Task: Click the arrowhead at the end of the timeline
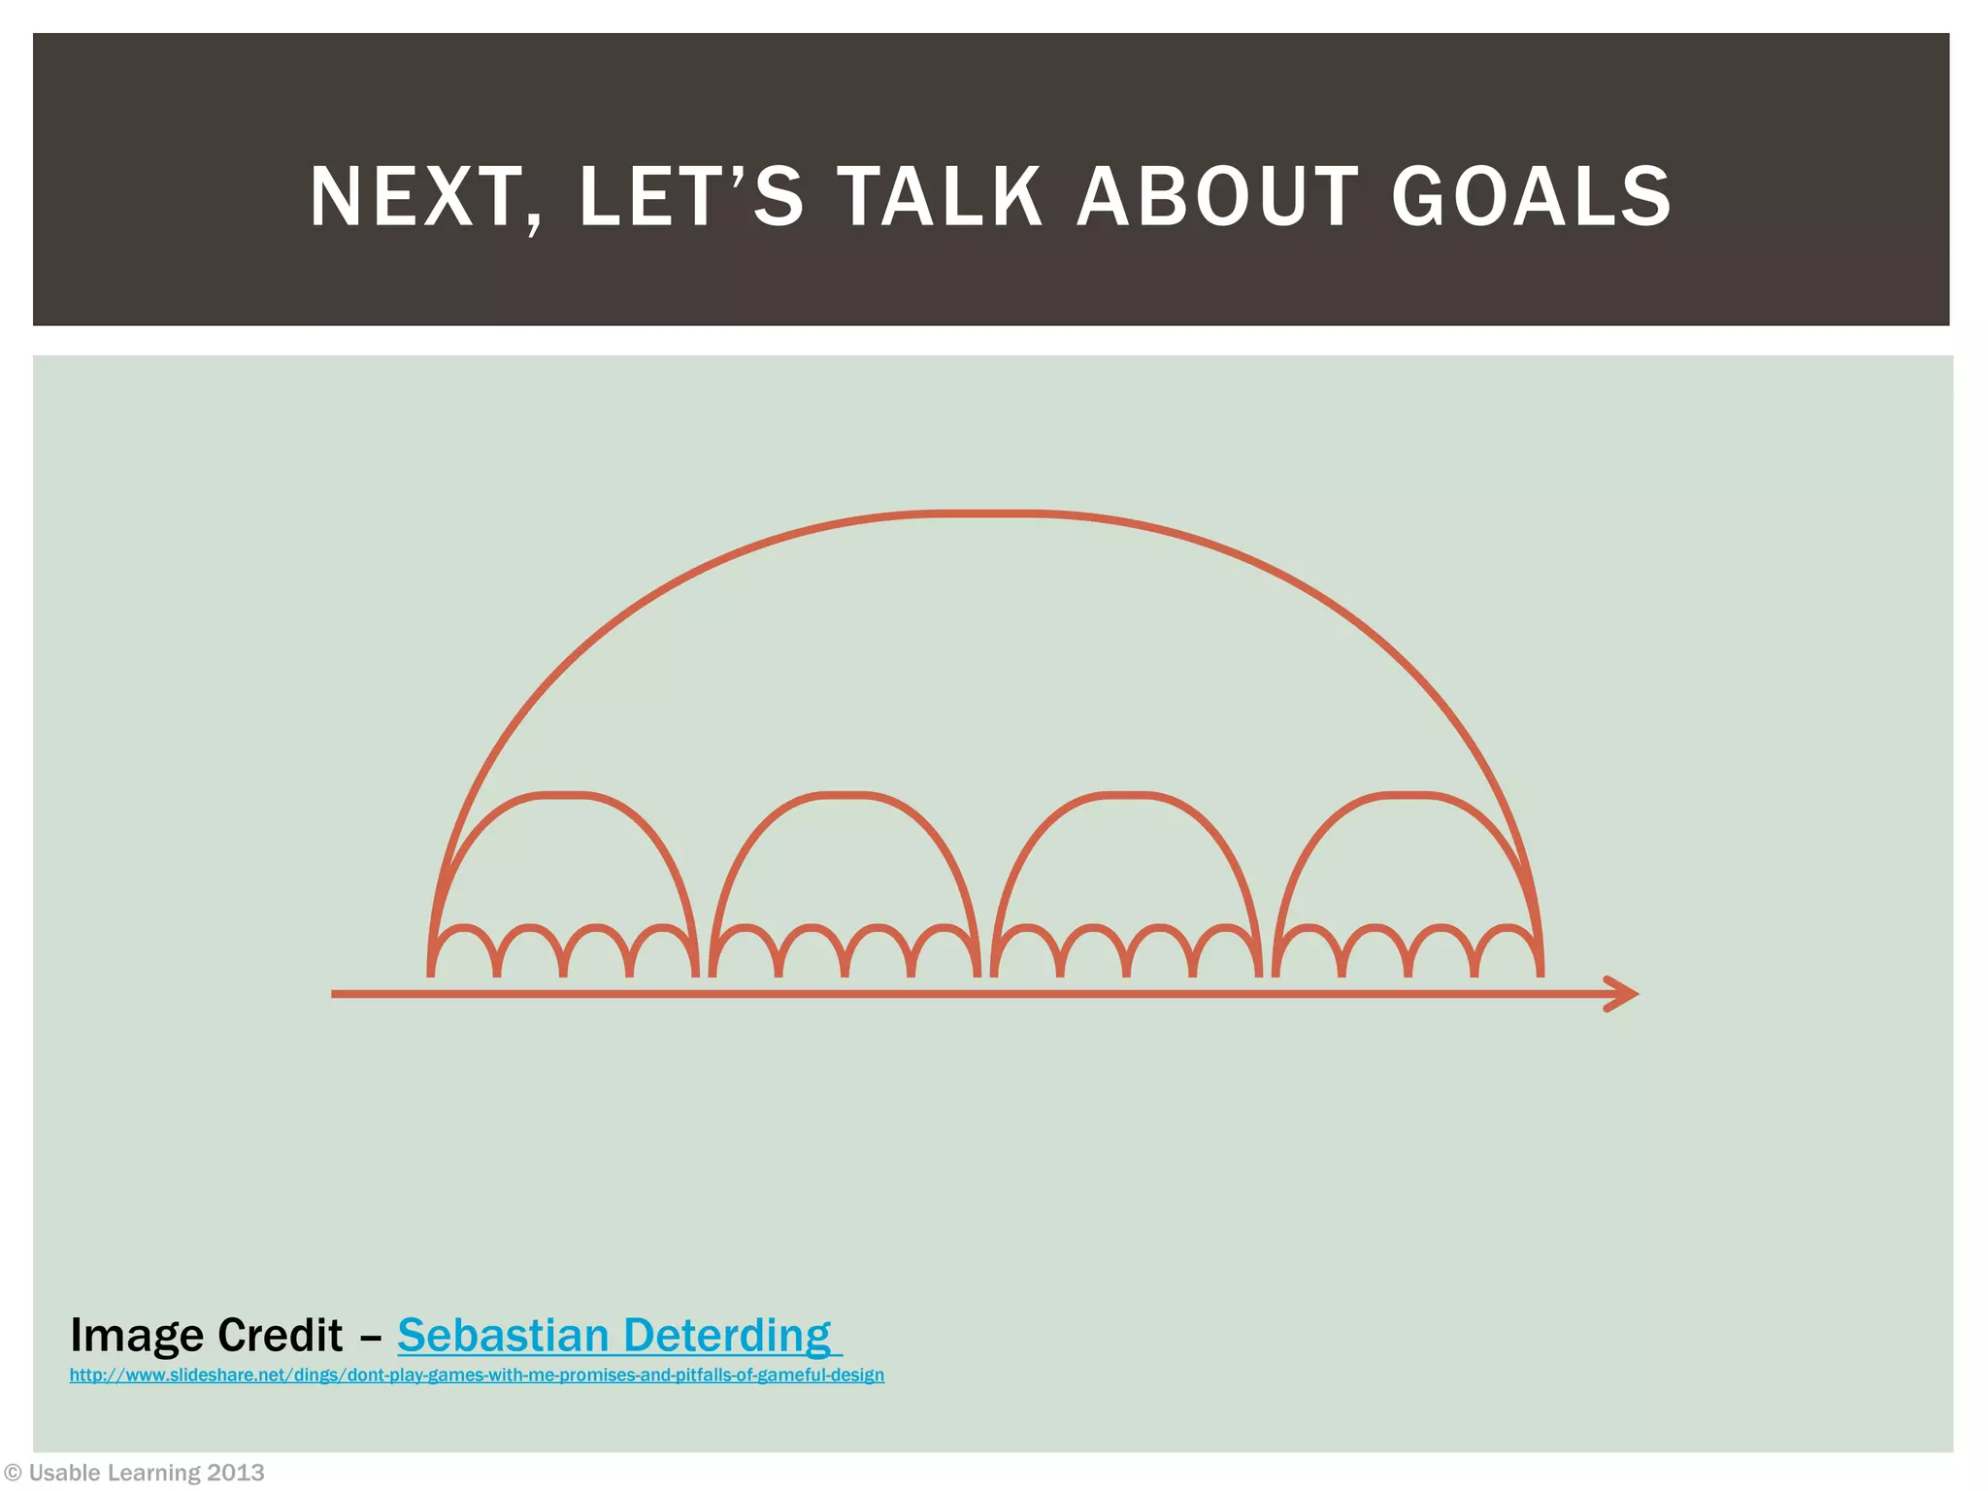pos(1623,993)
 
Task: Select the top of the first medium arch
pos(563,795)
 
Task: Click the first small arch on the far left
pos(464,930)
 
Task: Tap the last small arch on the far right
pos(1508,930)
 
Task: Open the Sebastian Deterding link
pos(614,1336)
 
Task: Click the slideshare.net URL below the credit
pos(477,1375)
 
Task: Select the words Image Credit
pos(206,1336)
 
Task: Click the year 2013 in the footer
pos(236,1474)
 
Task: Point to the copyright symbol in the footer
pos(13,1474)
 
